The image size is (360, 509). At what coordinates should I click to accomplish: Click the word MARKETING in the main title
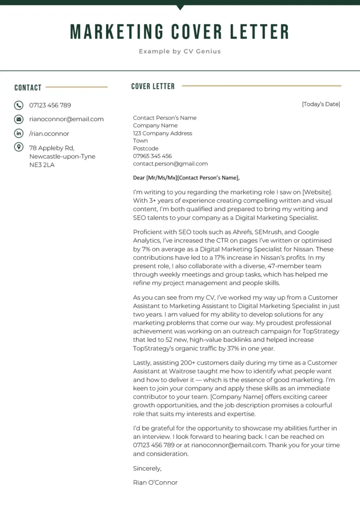click(x=117, y=32)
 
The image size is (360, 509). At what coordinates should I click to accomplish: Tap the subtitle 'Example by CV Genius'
click(x=180, y=51)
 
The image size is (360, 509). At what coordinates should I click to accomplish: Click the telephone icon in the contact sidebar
click(x=19, y=105)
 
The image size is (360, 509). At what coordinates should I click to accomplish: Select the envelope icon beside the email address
click(x=19, y=119)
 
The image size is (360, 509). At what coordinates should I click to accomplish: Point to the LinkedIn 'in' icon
click(x=19, y=133)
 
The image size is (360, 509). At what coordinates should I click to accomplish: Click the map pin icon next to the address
click(x=19, y=147)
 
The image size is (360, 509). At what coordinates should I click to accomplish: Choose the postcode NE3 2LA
click(x=42, y=165)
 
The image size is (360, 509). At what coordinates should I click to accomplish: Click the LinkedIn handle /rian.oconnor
click(x=49, y=134)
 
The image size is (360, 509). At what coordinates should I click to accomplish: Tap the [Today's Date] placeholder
click(x=321, y=104)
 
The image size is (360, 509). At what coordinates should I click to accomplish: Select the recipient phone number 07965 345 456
click(x=152, y=156)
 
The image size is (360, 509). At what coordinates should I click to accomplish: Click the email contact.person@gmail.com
click(x=170, y=164)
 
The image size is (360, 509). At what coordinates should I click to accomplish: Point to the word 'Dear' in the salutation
click(x=139, y=178)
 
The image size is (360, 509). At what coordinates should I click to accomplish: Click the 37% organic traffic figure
click(x=229, y=348)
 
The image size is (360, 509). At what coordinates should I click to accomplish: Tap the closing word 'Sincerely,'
click(x=147, y=468)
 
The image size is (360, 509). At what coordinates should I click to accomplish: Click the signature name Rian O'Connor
click(x=155, y=483)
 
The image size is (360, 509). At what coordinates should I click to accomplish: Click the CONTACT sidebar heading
click(x=28, y=88)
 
